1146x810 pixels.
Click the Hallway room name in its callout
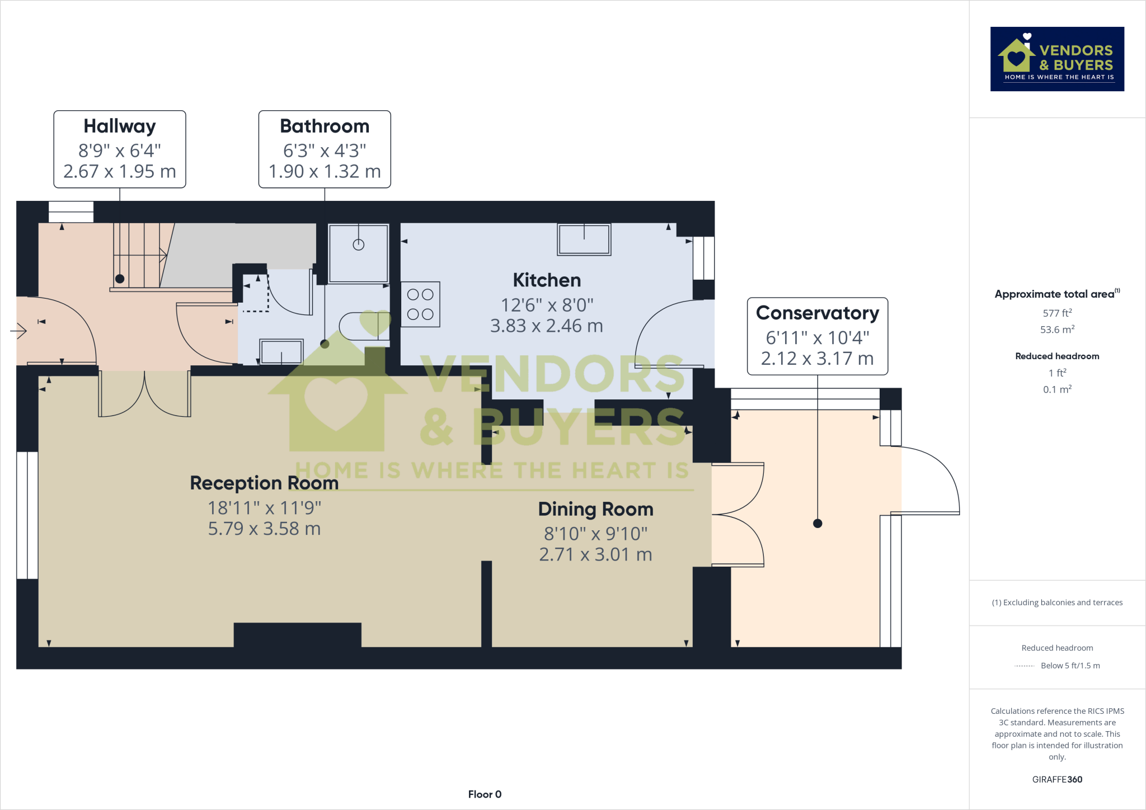click(120, 126)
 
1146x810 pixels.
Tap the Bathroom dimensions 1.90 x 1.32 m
click(325, 172)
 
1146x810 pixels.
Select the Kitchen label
click(547, 280)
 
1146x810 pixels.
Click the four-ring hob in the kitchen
click(420, 304)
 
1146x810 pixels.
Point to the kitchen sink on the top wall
click(584, 239)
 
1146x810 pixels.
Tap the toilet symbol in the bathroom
click(364, 326)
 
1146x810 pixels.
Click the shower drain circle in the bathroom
click(359, 244)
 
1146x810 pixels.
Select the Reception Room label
click(264, 483)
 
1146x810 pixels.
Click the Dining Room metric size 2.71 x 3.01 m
click(595, 555)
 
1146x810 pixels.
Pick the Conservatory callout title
click(817, 313)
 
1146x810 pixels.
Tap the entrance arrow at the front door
click(18, 331)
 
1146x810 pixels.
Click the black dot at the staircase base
click(120, 279)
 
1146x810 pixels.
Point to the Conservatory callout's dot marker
click(818, 524)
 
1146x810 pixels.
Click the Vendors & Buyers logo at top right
click(1057, 59)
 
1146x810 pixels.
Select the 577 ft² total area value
click(1057, 313)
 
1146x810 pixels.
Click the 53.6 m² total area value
click(1057, 329)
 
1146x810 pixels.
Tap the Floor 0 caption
click(485, 794)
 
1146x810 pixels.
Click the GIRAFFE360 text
click(1057, 779)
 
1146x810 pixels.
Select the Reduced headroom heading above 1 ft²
click(1057, 356)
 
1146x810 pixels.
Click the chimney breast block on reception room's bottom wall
click(297, 635)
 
